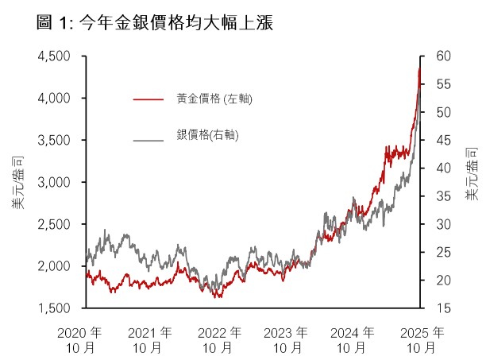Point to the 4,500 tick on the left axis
(x=56, y=56)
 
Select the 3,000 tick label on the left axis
(x=56, y=182)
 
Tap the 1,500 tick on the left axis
(x=56, y=308)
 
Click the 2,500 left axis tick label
(x=56, y=224)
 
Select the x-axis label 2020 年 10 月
(x=81, y=339)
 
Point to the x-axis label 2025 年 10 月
(x=421, y=339)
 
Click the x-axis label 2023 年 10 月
(x=285, y=339)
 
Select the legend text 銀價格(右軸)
(x=208, y=136)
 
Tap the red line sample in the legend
(x=148, y=99)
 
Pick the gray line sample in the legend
(x=148, y=140)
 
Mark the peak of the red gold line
(x=419, y=68)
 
